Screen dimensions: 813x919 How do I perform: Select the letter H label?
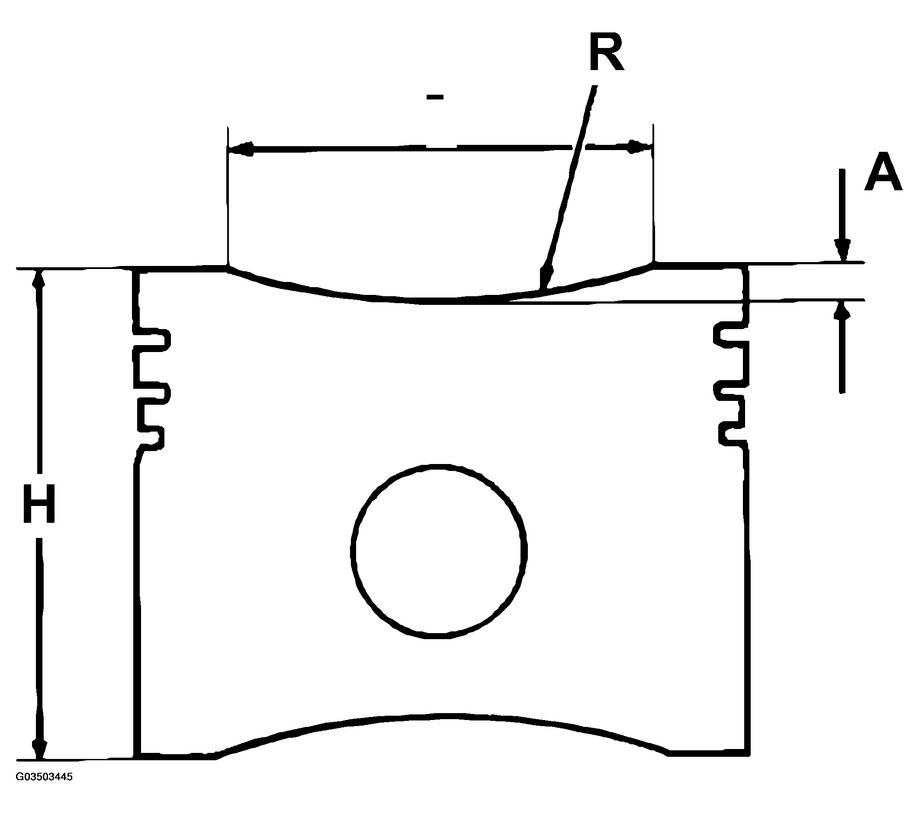[x=39, y=504]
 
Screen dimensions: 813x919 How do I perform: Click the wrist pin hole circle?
[x=438, y=550]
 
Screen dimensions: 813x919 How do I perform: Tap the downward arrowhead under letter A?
[x=842, y=250]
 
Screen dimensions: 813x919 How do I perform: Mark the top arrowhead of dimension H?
[x=39, y=280]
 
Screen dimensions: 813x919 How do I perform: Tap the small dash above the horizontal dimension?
[x=435, y=96]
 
